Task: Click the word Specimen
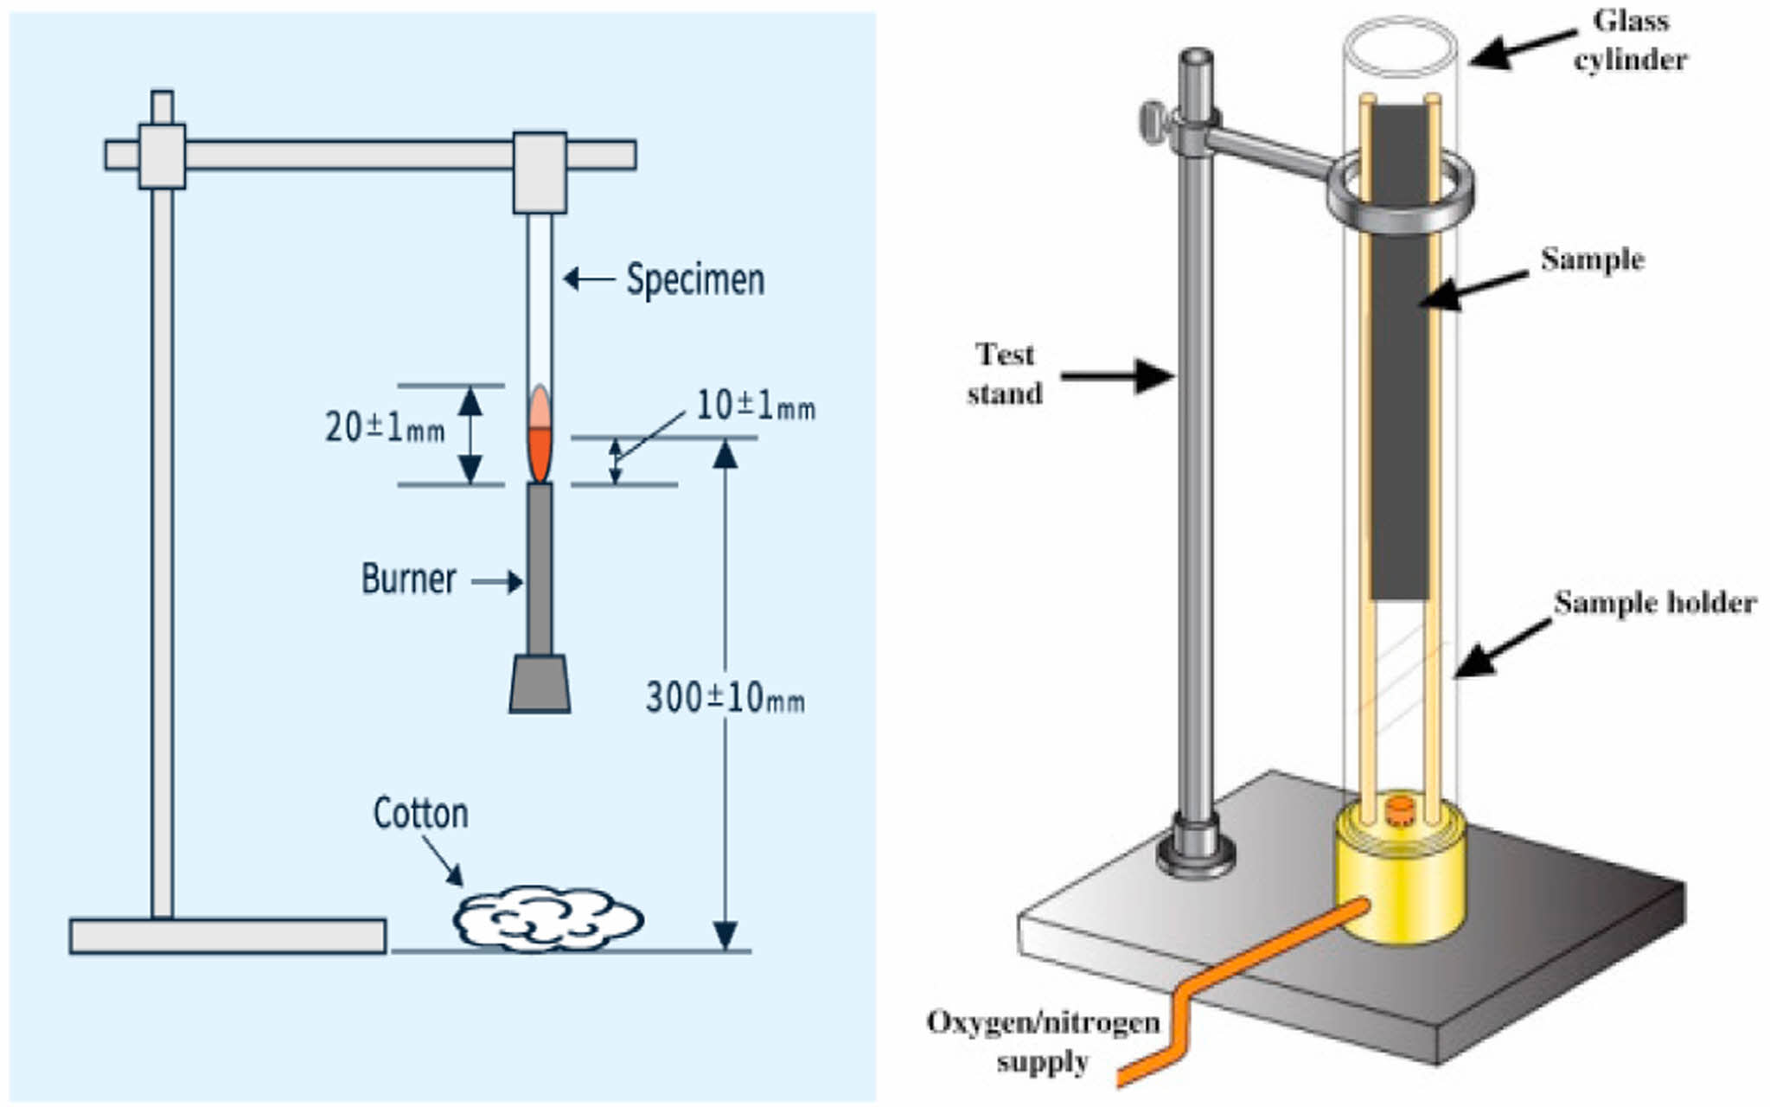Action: click(x=695, y=279)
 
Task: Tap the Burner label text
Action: click(x=408, y=579)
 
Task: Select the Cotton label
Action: click(x=420, y=814)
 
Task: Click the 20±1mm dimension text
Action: click(x=384, y=427)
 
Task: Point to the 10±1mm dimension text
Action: click(x=755, y=406)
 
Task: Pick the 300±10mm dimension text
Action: click(x=725, y=697)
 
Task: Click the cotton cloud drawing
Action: click(x=547, y=918)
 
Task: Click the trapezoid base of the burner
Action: click(x=540, y=684)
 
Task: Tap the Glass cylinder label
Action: click(x=1630, y=40)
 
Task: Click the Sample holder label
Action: click(x=1655, y=603)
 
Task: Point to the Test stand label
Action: click(x=1004, y=374)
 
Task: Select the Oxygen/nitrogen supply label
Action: click(x=1043, y=1041)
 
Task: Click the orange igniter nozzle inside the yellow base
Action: click(x=1399, y=810)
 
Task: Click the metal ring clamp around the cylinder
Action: click(x=1401, y=195)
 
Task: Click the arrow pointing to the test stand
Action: click(x=1116, y=375)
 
